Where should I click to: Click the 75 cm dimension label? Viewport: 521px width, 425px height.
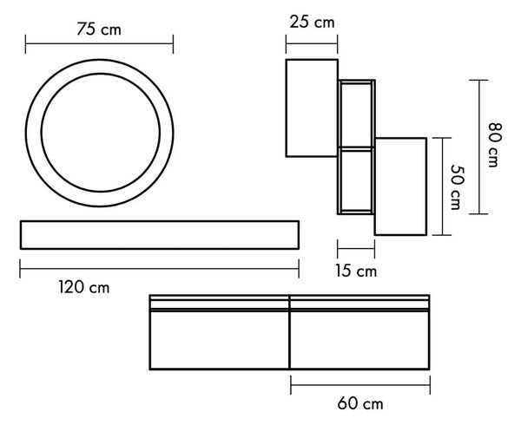(99, 29)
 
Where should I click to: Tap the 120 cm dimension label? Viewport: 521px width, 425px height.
(84, 287)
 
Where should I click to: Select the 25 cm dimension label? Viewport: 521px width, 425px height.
(312, 23)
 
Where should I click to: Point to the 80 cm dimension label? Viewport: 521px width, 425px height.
(495, 145)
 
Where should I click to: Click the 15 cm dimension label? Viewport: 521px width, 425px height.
(356, 271)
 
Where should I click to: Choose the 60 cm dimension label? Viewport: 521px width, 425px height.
(360, 404)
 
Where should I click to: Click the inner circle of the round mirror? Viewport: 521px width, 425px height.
(41, 133)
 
